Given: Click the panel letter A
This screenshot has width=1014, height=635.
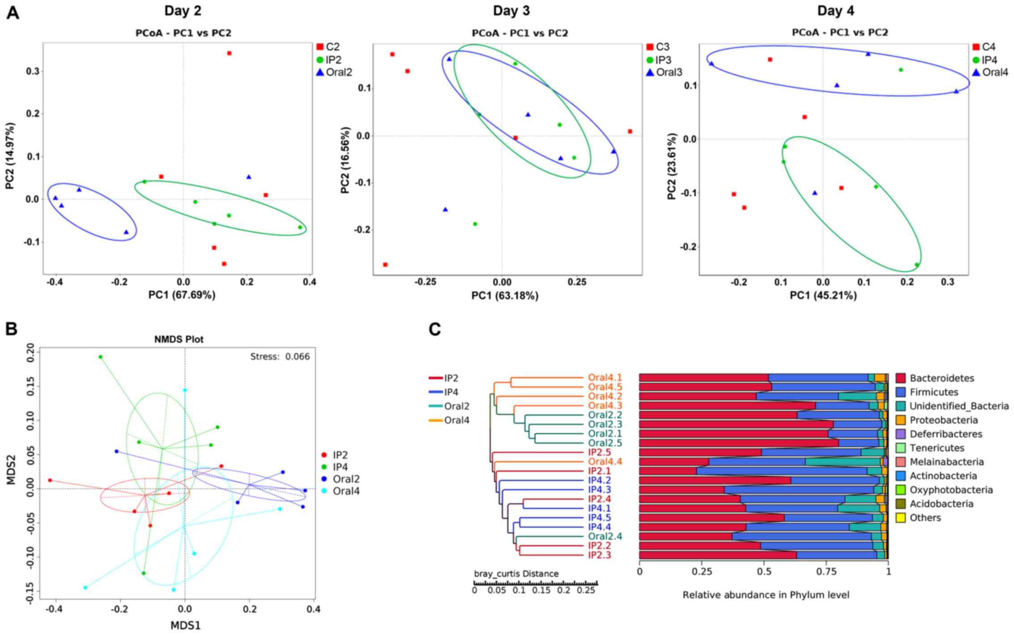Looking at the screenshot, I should pos(13,13).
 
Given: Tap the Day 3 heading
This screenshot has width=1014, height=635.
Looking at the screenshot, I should pos(511,11).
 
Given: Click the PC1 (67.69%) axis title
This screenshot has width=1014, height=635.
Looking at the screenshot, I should pos(182,295).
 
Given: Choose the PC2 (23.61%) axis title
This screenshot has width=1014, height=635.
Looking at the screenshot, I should pos(672,166).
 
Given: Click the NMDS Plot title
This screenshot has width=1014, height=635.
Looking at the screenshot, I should pos(179,340).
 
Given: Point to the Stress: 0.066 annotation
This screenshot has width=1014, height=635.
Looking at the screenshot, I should pos(280,357).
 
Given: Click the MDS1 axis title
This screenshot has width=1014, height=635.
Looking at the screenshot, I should pos(185,625).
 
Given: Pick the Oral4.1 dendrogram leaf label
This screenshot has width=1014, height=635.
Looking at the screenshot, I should pos(605,378).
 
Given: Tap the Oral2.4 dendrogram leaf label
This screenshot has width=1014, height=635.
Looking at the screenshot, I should pos(605,536).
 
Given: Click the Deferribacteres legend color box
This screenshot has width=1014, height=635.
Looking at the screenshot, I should pos(900,434).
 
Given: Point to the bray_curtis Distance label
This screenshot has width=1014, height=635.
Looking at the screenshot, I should pos(516,574).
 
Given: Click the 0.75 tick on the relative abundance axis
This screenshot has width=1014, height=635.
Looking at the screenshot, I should pos(826,572).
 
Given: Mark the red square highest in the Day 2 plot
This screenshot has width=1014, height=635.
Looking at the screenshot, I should pos(229,53).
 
